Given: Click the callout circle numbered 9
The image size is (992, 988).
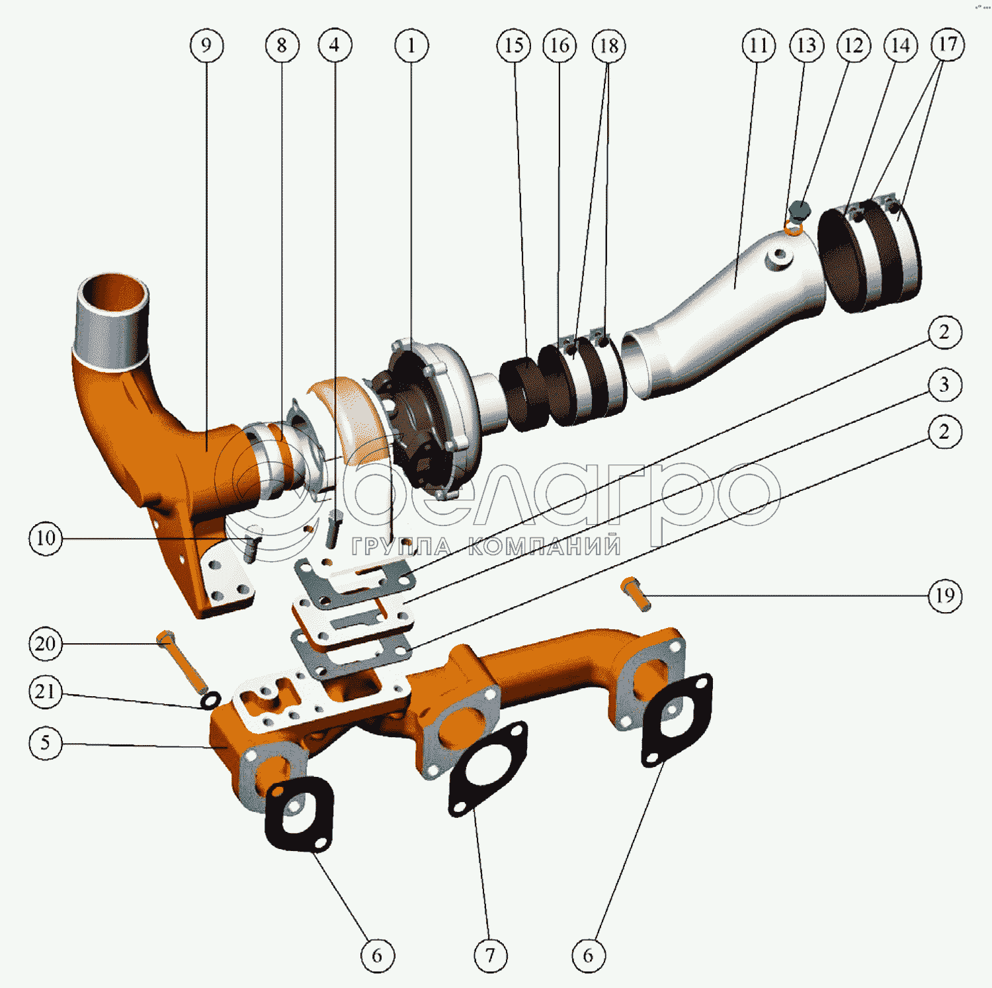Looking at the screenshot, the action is [x=206, y=46].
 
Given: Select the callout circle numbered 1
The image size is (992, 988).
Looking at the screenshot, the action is [x=411, y=46].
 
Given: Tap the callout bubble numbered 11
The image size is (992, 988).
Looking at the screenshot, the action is [x=759, y=46].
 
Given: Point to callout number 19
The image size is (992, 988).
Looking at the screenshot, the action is [x=944, y=596].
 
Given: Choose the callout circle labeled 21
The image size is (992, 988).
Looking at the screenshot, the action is [x=46, y=692].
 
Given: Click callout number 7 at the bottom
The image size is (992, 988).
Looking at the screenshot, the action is [x=491, y=955].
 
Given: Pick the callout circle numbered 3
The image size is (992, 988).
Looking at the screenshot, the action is [x=944, y=384].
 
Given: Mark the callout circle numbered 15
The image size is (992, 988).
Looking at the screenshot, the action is [x=514, y=46].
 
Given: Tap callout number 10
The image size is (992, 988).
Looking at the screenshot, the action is [x=46, y=538].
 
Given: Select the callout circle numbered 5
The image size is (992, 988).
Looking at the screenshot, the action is [x=46, y=742].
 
